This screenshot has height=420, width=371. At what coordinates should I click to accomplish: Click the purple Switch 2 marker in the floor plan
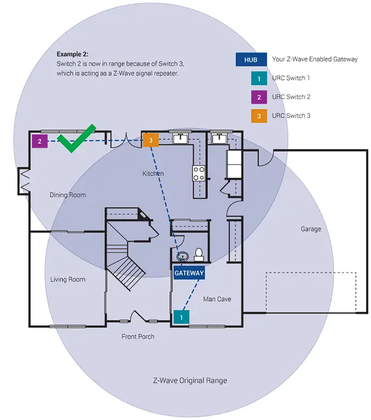(39, 141)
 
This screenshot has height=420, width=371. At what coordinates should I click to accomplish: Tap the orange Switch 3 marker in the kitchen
(151, 140)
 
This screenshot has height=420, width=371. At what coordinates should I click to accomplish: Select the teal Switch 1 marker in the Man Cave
(181, 317)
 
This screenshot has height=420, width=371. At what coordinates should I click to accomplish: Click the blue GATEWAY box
(189, 273)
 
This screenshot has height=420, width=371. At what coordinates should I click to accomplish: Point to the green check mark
(76, 139)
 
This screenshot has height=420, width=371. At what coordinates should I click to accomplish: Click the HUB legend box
(251, 60)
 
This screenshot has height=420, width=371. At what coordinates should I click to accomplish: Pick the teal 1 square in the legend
(258, 78)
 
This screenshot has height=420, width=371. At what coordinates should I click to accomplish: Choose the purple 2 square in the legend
(258, 97)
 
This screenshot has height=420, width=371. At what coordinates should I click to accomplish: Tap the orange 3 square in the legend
(258, 116)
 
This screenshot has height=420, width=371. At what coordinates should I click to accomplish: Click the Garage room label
(311, 229)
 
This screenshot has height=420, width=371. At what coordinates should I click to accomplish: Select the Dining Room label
(68, 195)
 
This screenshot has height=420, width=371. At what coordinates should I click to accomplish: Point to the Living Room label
(68, 279)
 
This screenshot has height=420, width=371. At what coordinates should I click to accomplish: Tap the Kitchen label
(153, 174)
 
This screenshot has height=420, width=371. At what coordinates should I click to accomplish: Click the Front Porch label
(138, 336)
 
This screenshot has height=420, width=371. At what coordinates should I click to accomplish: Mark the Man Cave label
(217, 299)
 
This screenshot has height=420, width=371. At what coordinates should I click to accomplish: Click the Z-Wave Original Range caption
(189, 381)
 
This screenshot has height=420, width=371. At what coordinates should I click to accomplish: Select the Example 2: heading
(73, 54)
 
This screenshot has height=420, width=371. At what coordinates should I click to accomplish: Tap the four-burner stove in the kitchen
(199, 173)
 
